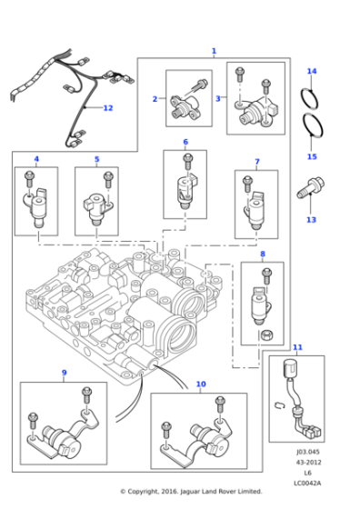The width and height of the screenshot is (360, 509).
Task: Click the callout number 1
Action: pyautogui.click(x=214, y=52)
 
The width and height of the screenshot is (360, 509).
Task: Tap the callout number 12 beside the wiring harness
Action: pyautogui.click(x=107, y=108)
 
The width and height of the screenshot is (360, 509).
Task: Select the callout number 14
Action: pyautogui.click(x=312, y=71)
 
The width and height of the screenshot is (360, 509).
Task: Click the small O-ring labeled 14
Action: pyautogui.click(x=311, y=95)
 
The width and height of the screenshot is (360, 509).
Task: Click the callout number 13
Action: pyautogui.click(x=311, y=220)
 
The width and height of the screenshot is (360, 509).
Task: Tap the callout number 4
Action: pyautogui.click(x=36, y=159)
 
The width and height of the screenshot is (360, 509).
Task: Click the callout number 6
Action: pyautogui.click(x=185, y=142)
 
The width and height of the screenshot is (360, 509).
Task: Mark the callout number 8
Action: pyautogui.click(x=263, y=254)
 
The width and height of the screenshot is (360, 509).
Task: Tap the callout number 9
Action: pyautogui.click(x=64, y=373)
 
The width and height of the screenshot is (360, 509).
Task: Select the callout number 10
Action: pyautogui.click(x=200, y=384)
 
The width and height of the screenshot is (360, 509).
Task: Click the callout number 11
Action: pyautogui.click(x=297, y=347)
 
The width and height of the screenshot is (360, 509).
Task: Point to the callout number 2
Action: pyautogui.click(x=155, y=98)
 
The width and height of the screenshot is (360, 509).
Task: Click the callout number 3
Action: pyautogui.click(x=217, y=98)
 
